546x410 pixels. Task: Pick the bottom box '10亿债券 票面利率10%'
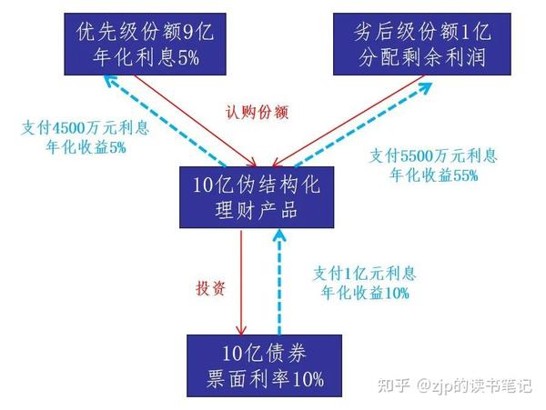coord(265,364)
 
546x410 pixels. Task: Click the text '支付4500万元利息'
coord(83,126)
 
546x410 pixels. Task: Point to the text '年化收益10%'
coord(364,293)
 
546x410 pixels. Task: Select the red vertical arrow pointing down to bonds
coord(241,282)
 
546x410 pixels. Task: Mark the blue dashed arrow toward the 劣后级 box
coord(364,127)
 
